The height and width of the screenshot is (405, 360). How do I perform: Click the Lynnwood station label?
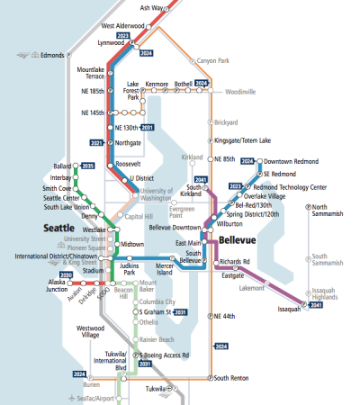tap(111, 42)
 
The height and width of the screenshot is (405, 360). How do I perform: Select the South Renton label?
tap(233, 378)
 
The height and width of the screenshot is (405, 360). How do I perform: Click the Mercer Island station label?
tap(164, 269)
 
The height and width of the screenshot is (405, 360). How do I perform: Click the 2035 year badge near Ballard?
tap(87, 166)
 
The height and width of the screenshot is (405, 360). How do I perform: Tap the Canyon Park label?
tap(213, 60)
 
